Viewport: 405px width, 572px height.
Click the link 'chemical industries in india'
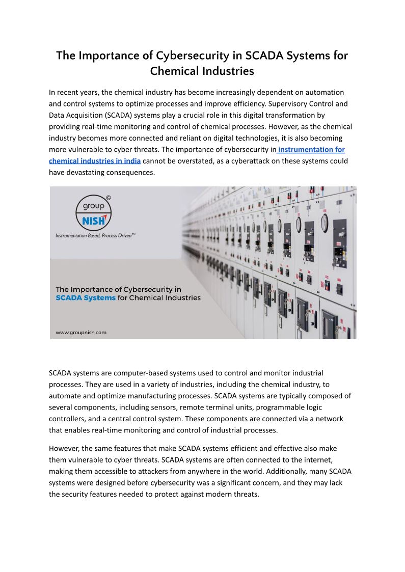click(x=95, y=161)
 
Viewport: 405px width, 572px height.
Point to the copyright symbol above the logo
click(x=108, y=197)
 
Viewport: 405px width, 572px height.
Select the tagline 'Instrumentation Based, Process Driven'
click(x=95, y=236)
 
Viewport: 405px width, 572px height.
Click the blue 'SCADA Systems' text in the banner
click(x=86, y=298)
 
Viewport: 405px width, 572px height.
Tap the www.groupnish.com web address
click(x=81, y=333)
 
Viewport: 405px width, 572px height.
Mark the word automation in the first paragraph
click(x=327, y=92)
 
